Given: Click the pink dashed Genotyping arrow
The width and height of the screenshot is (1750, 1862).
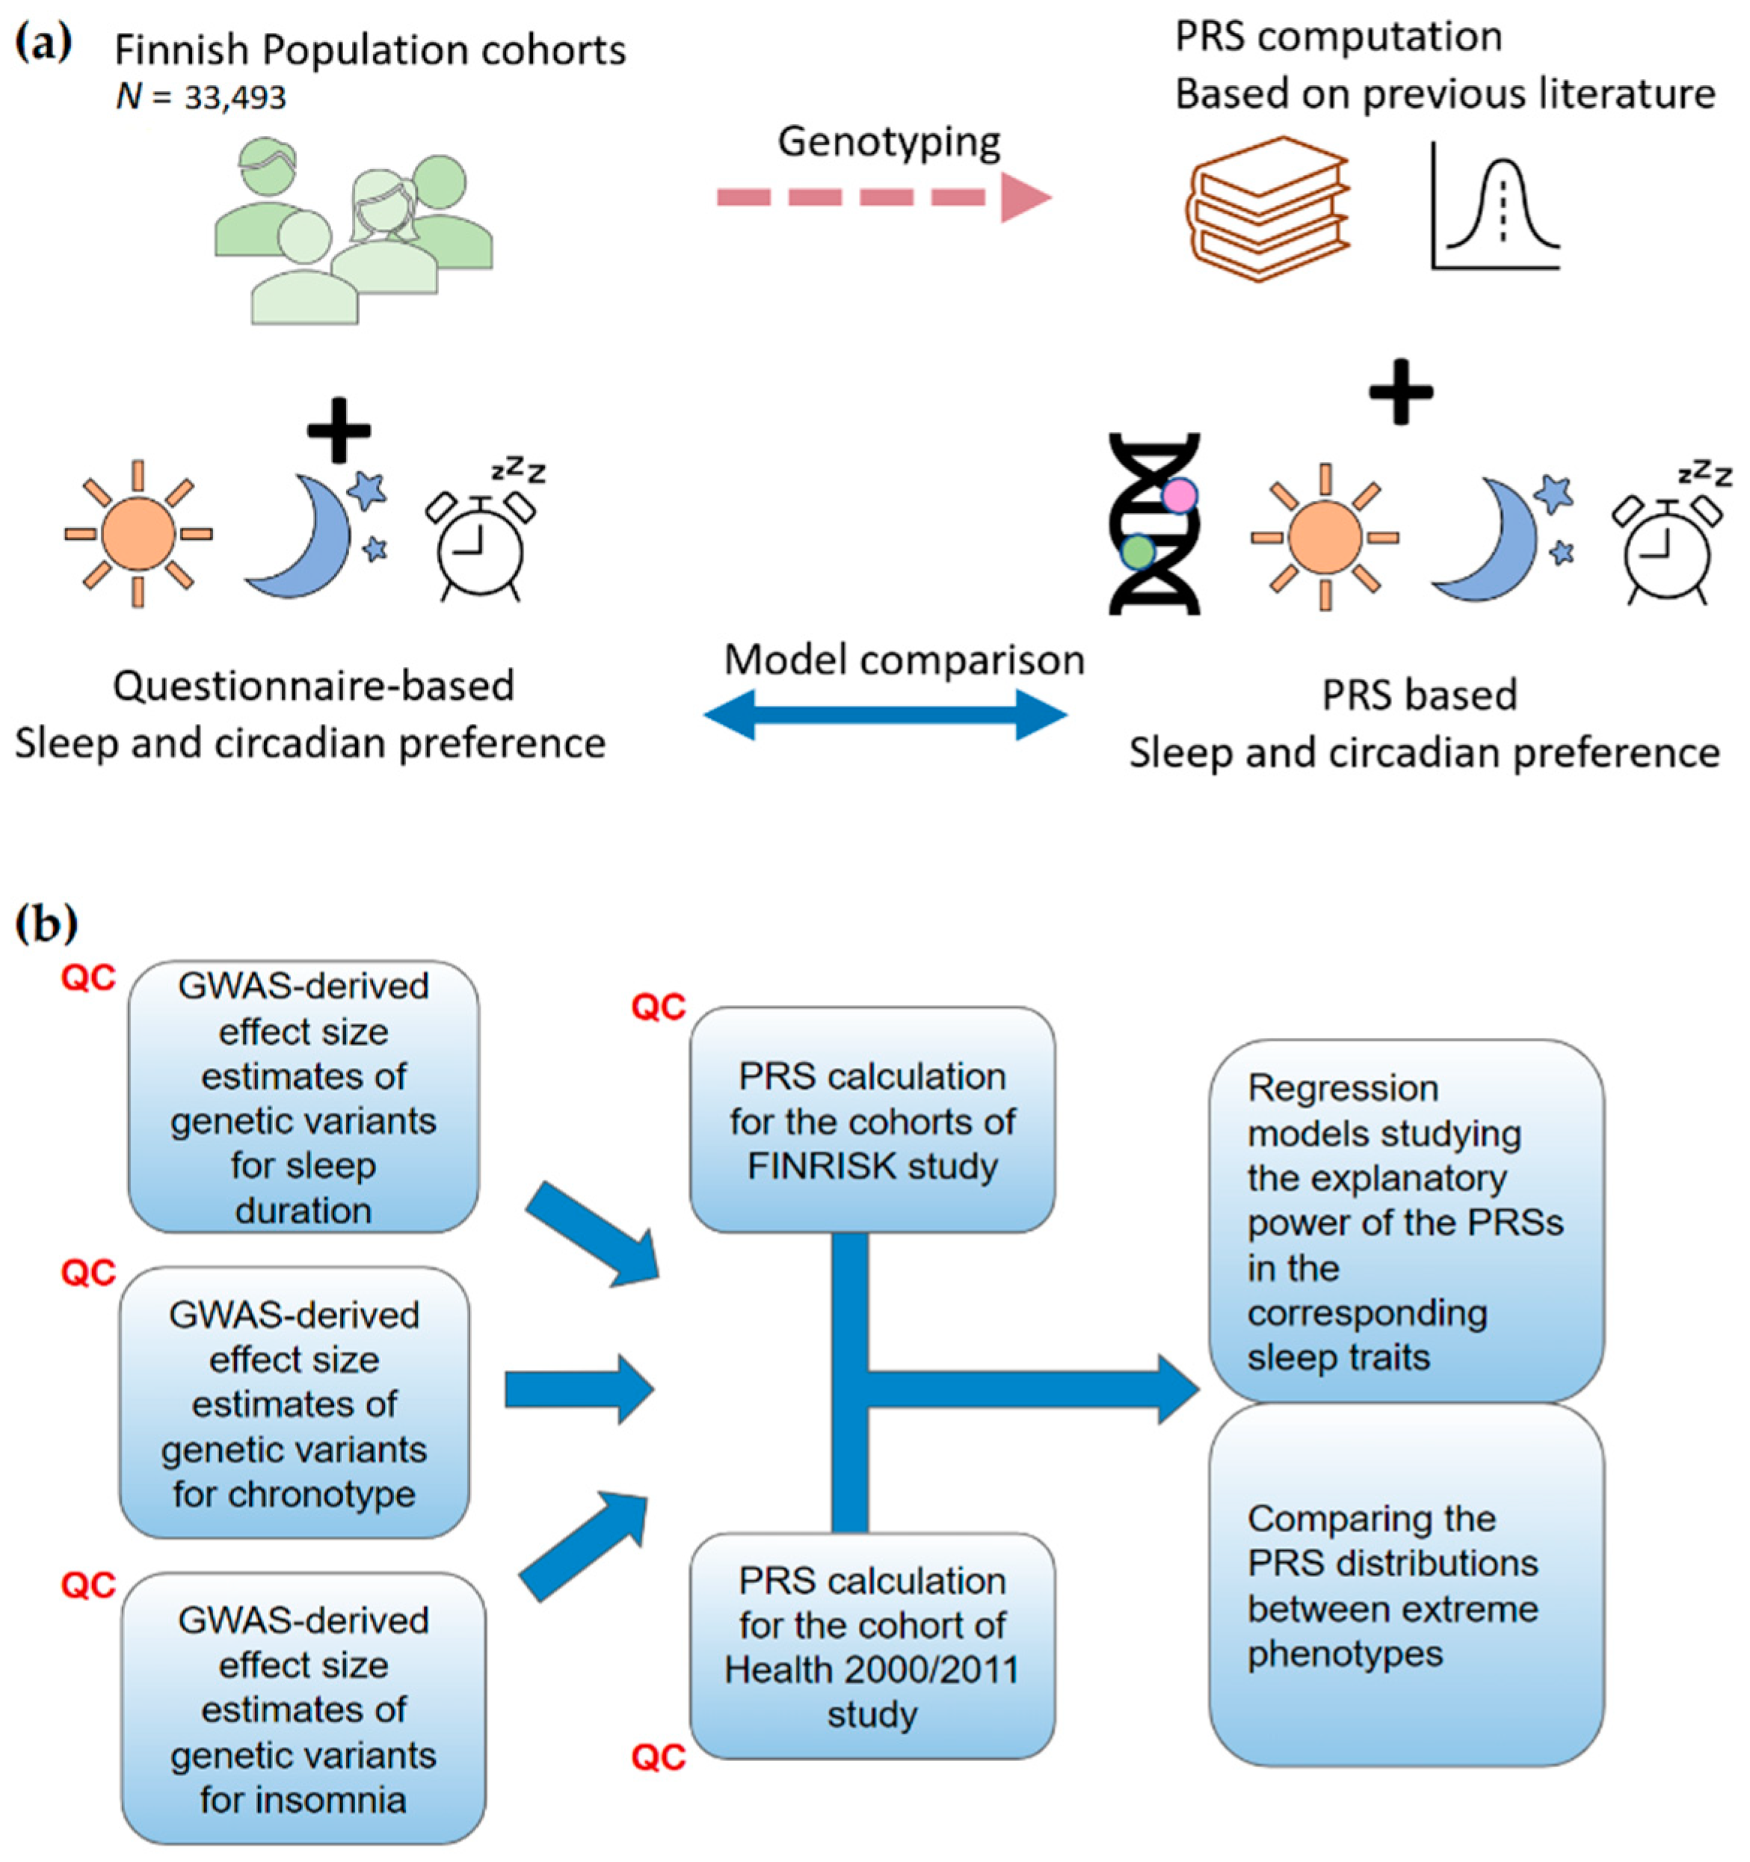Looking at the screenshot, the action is click(885, 197).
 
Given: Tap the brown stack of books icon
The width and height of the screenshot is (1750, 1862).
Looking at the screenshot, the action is click(1269, 208).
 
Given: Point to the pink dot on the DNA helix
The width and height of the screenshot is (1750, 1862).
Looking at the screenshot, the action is click(1180, 494).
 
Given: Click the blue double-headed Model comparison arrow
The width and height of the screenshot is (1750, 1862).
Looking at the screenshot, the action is click(885, 715).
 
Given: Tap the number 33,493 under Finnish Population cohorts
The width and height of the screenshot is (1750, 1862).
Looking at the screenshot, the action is click(235, 97).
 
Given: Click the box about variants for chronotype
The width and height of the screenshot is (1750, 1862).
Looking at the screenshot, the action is click(294, 1403).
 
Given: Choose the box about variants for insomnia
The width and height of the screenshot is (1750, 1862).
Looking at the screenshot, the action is click(304, 1709).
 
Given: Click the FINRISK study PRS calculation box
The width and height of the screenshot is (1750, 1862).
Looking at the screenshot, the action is click(872, 1120).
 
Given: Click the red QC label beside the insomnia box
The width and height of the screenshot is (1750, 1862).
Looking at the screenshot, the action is click(89, 1585).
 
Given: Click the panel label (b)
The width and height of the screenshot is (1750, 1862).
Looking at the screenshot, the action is click(47, 924).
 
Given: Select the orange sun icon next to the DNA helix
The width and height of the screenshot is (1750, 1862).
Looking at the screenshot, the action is click(1325, 538).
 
